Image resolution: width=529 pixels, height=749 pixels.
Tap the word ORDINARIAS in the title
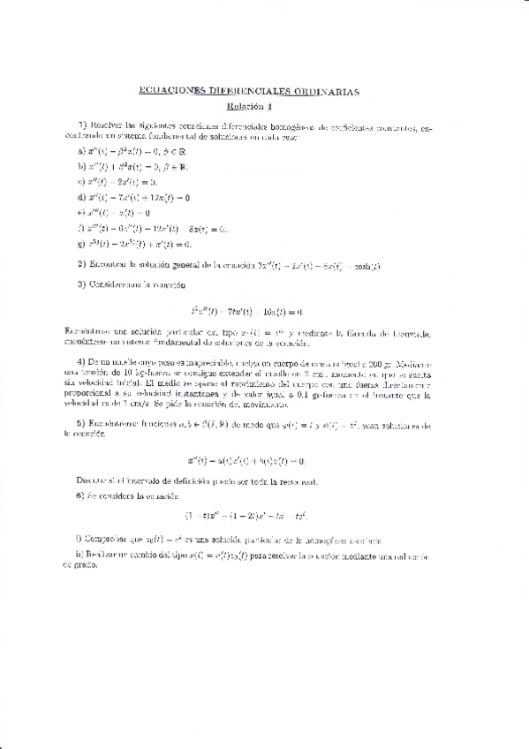(329, 91)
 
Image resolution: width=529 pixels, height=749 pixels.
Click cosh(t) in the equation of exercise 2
(366, 265)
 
